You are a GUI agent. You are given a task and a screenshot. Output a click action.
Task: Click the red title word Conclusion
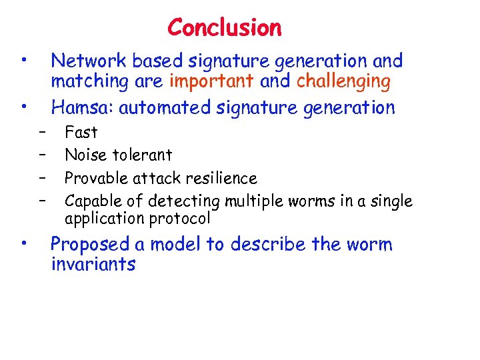click(225, 28)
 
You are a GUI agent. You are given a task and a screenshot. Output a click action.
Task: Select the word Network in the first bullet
click(89, 61)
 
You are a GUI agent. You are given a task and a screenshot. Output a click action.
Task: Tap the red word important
click(211, 82)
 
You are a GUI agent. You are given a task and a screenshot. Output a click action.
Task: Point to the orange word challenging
click(343, 82)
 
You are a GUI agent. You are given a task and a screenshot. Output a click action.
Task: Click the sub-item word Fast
click(81, 133)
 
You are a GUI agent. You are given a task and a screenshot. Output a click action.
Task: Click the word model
click(177, 245)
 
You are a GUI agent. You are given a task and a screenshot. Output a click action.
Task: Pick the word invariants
click(93, 265)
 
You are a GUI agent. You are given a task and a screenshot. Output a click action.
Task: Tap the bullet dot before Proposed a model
click(23, 244)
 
